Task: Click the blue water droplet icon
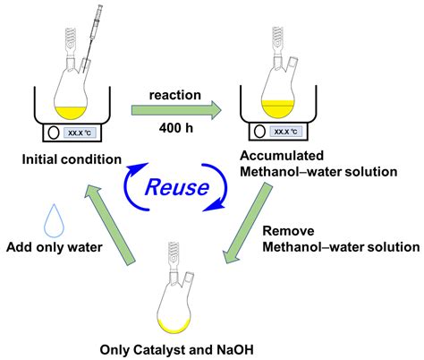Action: (x=32, y=219)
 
